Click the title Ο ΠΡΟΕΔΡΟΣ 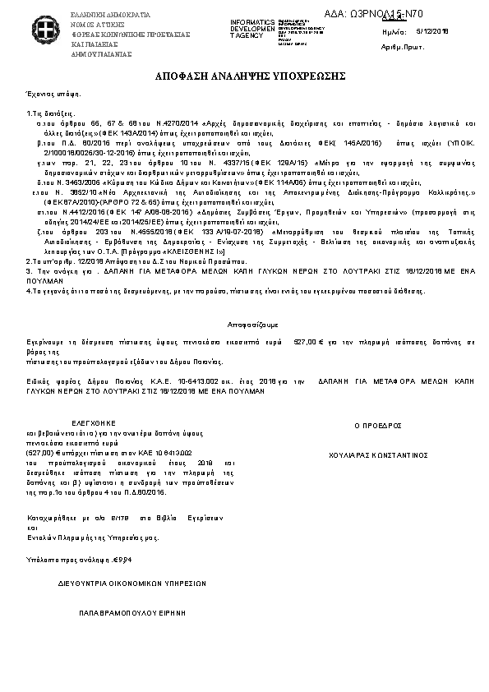click(x=377, y=427)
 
